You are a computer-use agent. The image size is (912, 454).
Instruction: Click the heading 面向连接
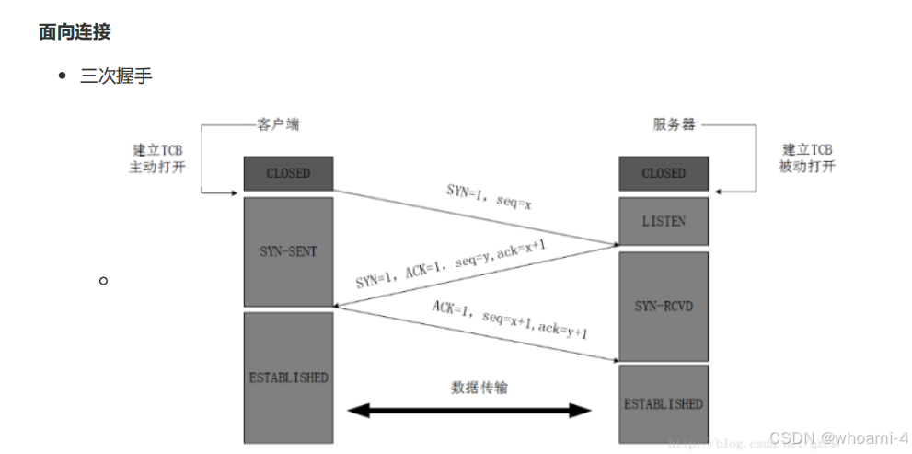pyautogui.click(x=75, y=32)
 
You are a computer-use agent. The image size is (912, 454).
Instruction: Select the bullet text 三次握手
pyautogui.click(x=116, y=76)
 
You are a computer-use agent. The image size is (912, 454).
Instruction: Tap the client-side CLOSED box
pyautogui.click(x=288, y=173)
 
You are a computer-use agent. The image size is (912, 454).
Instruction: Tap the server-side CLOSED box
pyautogui.click(x=664, y=173)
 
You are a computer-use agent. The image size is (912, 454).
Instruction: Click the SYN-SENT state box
pyautogui.click(x=288, y=251)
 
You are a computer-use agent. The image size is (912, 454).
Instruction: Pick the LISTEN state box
pyautogui.click(x=664, y=222)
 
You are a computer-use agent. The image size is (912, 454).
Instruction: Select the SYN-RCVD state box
pyautogui.click(x=664, y=306)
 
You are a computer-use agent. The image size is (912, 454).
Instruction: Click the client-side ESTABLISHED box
pyautogui.click(x=288, y=378)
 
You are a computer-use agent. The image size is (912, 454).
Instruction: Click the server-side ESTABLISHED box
pyautogui.click(x=664, y=403)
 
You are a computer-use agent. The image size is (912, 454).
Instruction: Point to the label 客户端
pyautogui.click(x=277, y=124)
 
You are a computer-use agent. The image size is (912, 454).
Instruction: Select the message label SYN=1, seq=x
pyautogui.click(x=489, y=195)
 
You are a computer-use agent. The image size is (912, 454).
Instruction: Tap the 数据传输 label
pyautogui.click(x=479, y=387)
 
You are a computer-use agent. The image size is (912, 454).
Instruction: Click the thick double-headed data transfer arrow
pyautogui.click(x=469, y=410)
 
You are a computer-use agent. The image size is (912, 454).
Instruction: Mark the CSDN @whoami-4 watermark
pyautogui.click(x=838, y=437)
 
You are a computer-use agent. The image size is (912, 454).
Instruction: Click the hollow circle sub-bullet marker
pyautogui.click(x=104, y=279)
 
